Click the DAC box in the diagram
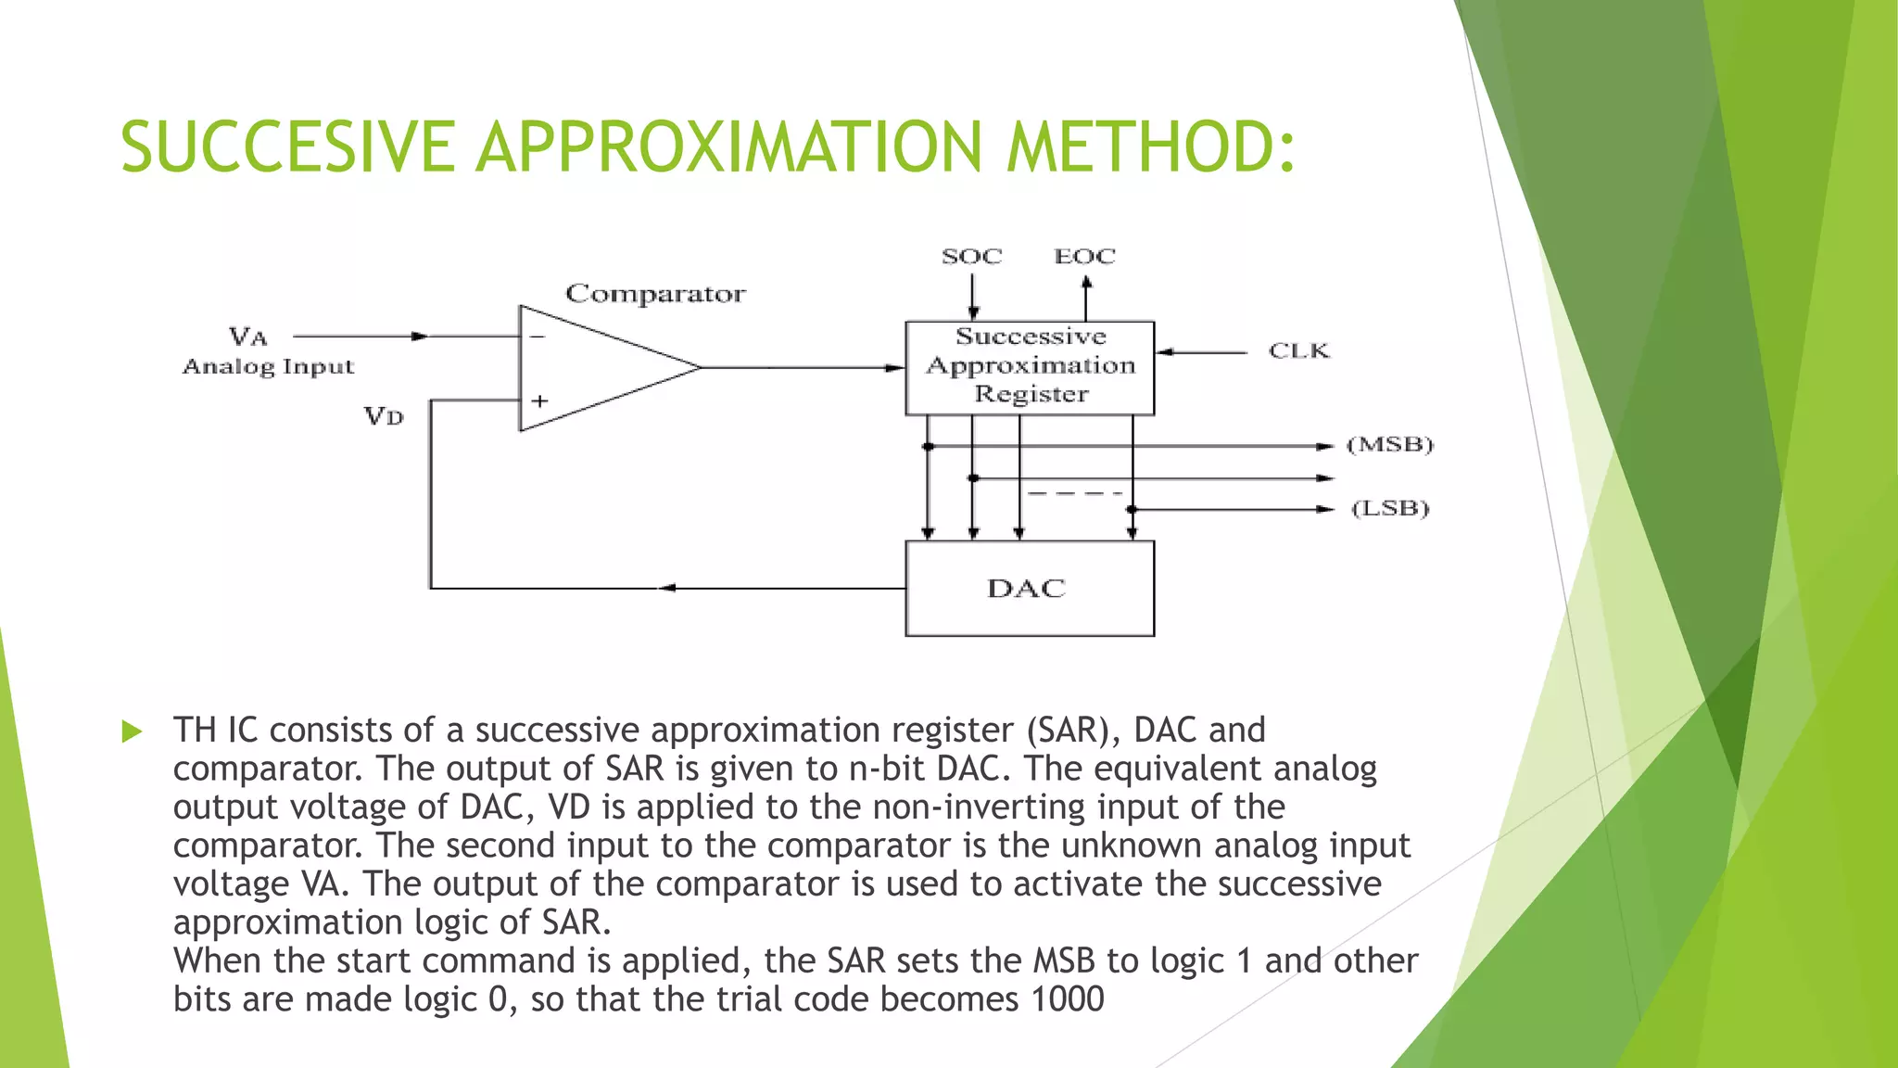click(x=1029, y=589)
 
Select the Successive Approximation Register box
click(x=1030, y=366)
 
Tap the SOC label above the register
click(x=971, y=256)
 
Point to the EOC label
click(x=1084, y=256)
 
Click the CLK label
click(x=1298, y=350)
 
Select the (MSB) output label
click(x=1389, y=445)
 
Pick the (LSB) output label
click(x=1389, y=509)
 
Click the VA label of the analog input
click(x=248, y=336)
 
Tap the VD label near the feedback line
click(x=384, y=415)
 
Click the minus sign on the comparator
click(x=538, y=337)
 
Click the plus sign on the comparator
click(x=539, y=401)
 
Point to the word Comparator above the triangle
click(x=655, y=294)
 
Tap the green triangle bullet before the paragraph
click(x=132, y=731)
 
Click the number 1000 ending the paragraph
click(x=1067, y=999)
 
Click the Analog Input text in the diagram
click(x=268, y=367)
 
